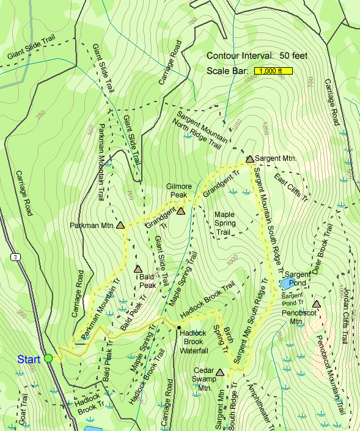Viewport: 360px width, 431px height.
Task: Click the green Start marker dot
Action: tap(48, 358)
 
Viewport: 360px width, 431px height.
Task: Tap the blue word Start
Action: tap(29, 358)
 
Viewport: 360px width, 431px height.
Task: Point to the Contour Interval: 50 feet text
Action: tap(256, 56)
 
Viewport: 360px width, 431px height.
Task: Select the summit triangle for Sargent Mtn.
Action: tap(249, 159)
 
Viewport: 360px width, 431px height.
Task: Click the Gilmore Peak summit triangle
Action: tap(180, 211)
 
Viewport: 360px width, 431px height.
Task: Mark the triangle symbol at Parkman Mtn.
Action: tap(120, 225)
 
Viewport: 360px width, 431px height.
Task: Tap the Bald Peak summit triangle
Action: tap(138, 268)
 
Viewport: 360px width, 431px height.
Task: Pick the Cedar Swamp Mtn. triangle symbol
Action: tap(220, 372)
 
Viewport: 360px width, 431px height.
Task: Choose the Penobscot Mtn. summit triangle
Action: tap(316, 304)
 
